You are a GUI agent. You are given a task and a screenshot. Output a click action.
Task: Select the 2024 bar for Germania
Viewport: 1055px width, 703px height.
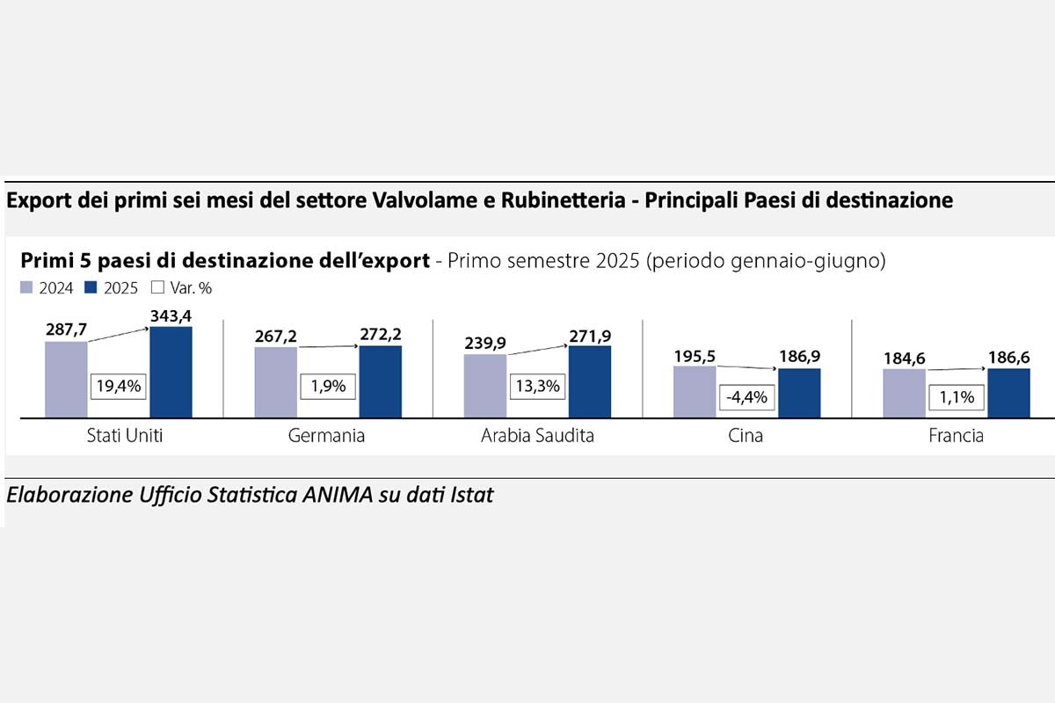click(x=276, y=381)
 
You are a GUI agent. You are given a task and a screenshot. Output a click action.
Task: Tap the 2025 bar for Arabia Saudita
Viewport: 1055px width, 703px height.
click(x=590, y=381)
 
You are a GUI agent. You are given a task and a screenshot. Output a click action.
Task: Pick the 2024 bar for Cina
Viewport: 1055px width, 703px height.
click(x=695, y=391)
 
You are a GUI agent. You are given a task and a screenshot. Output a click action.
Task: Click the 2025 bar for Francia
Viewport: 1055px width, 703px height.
click(x=1008, y=393)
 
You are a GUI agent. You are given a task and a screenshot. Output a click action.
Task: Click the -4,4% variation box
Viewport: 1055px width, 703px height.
click(x=746, y=397)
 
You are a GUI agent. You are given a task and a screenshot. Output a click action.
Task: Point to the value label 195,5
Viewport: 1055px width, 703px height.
click(x=695, y=354)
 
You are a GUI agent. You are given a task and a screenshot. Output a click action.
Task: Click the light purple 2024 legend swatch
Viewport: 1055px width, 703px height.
click(x=25, y=287)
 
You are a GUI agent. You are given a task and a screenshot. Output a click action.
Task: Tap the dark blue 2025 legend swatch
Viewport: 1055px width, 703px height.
click(x=91, y=287)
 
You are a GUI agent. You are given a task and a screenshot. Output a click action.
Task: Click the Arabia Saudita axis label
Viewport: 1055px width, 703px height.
click(x=537, y=436)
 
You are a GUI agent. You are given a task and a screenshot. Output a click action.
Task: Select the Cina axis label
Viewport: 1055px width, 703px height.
click(x=746, y=436)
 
